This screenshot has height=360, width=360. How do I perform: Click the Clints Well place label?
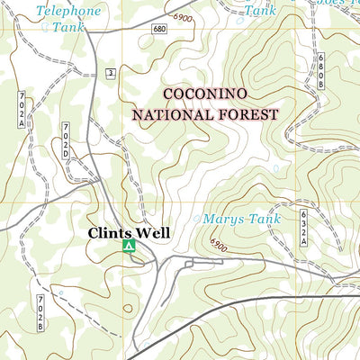128,233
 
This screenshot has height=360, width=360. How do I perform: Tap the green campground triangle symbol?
128,245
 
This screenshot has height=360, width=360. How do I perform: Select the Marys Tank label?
242,219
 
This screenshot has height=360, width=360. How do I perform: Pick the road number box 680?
160,30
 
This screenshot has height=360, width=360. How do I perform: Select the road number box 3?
109,71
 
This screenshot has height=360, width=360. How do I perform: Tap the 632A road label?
304,228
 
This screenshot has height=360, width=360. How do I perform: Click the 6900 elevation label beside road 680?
184,19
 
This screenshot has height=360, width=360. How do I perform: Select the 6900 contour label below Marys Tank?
220,244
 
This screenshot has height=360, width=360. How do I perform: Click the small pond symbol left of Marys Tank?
197,219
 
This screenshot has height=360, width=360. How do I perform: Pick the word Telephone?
68,11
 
